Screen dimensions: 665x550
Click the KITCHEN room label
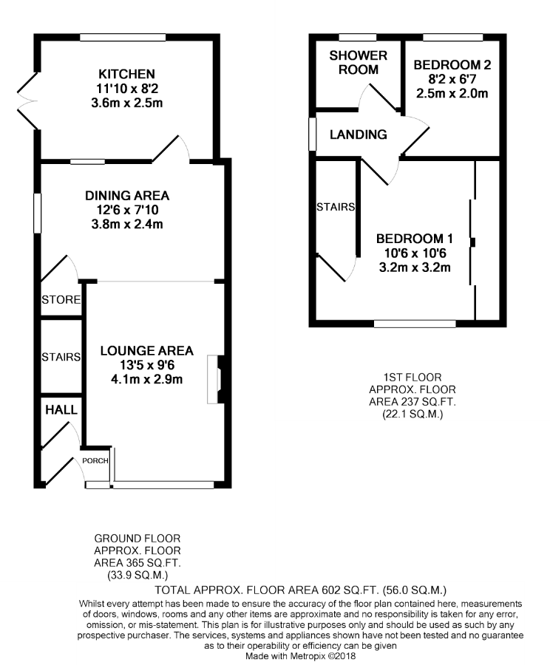pos(127,74)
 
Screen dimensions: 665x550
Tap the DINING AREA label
pos(127,196)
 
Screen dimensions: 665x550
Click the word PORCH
pos(96,461)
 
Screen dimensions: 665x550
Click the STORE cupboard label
pos(61,300)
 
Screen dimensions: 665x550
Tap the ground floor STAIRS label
pos(61,357)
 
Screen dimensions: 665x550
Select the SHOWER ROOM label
pos(358,63)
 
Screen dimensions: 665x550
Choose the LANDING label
pos(358,134)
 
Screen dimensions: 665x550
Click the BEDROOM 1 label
pos(414,239)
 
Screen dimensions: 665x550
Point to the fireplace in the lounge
pos(219,379)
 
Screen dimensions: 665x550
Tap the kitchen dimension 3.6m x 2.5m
pos(127,103)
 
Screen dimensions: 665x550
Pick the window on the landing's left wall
pos(312,134)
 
